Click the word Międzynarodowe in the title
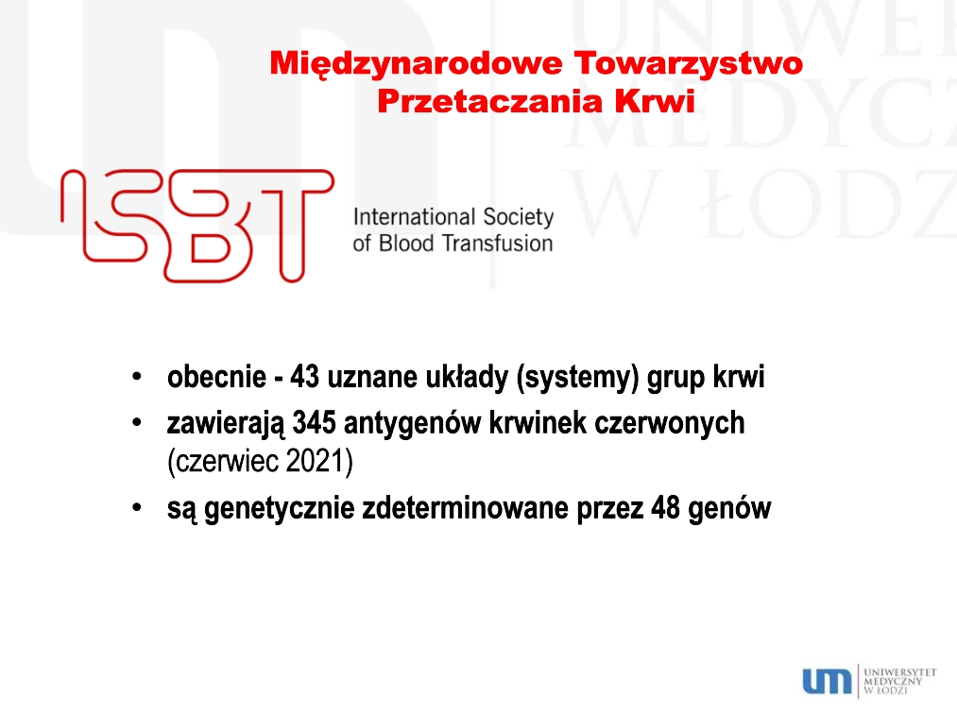pyautogui.click(x=416, y=64)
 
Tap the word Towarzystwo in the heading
pyautogui.click(x=689, y=64)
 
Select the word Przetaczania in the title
pyautogui.click(x=489, y=101)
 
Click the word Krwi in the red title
pyautogui.click(x=655, y=101)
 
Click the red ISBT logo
pyautogui.click(x=197, y=225)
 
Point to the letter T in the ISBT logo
pyautogui.click(x=293, y=225)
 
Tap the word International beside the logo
pyautogui.click(x=414, y=216)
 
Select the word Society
pyautogui.click(x=518, y=217)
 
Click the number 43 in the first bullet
pyautogui.click(x=304, y=377)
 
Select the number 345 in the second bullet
pyautogui.click(x=315, y=423)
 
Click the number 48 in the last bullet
pyautogui.click(x=665, y=508)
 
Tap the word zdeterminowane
pyautogui.click(x=466, y=508)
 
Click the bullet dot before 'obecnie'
pyautogui.click(x=137, y=377)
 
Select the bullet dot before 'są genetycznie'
pyautogui.click(x=137, y=507)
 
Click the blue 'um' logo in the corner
pyautogui.click(x=827, y=681)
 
